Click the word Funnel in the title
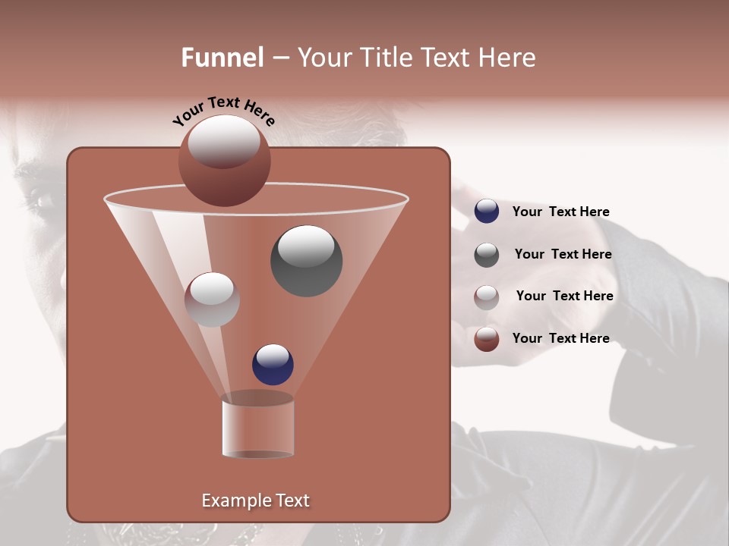tap(222, 58)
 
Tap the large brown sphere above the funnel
tap(224, 161)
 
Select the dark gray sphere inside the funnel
tap(306, 260)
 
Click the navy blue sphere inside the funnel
tap(273, 364)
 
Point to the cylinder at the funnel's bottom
tap(257, 426)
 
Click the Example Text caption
tap(256, 500)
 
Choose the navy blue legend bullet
tap(487, 211)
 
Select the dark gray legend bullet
tap(487, 255)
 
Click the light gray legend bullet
tap(487, 297)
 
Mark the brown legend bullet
tap(487, 339)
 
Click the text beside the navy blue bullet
tap(560, 212)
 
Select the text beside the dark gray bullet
tap(563, 254)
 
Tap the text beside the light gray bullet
tap(564, 296)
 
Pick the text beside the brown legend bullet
tap(560, 338)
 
